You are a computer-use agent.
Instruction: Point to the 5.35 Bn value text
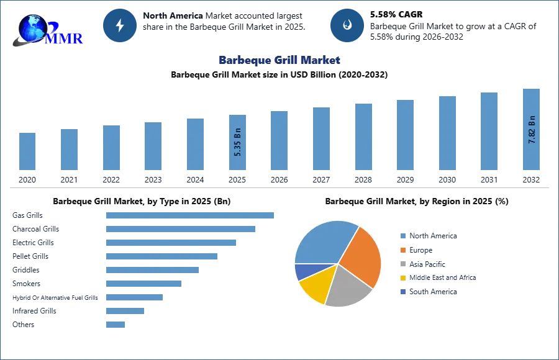tap(239, 142)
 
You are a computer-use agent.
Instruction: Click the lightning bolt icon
tap(120, 25)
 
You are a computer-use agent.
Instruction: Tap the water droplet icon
tap(347, 25)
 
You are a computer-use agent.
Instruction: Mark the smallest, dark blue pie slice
tap(303, 271)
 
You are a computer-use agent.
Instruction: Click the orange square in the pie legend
tap(403, 250)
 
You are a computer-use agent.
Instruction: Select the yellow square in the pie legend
tap(403, 278)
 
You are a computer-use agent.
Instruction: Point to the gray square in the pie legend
tap(403, 264)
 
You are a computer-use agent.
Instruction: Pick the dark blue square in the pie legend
tap(403, 292)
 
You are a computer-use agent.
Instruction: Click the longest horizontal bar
tap(191, 214)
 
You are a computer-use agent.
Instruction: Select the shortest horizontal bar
tap(116, 323)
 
